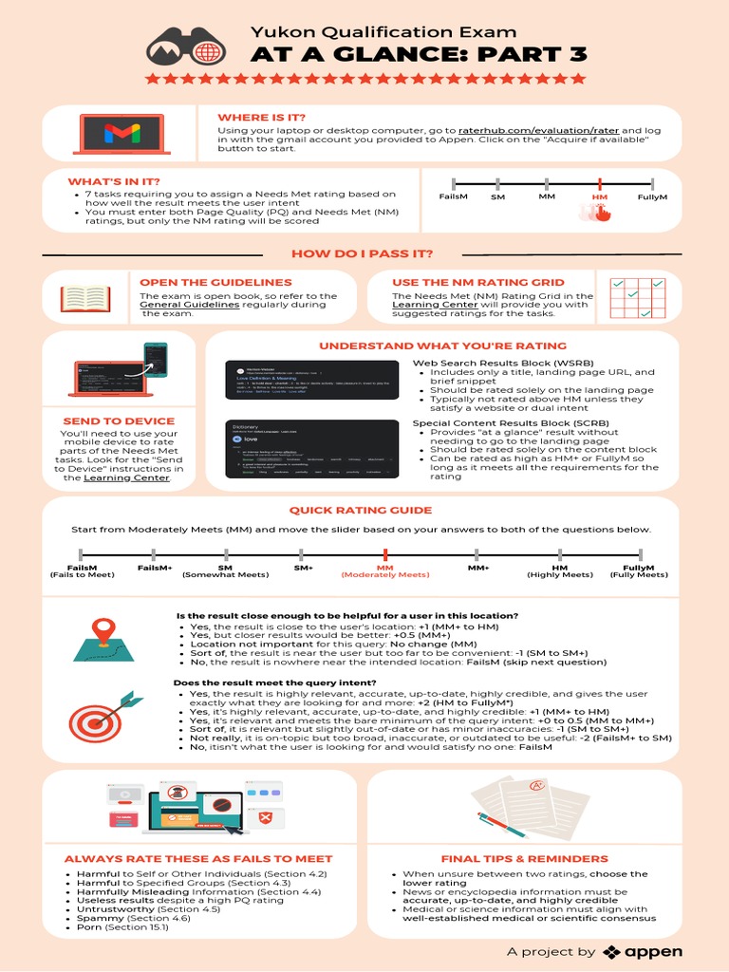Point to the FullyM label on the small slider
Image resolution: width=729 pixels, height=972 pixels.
point(652,196)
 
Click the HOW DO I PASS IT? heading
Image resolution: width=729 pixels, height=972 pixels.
point(363,253)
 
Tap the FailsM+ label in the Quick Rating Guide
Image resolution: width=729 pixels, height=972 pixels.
point(155,567)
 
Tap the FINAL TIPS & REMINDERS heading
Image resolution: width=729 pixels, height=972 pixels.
point(524,859)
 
